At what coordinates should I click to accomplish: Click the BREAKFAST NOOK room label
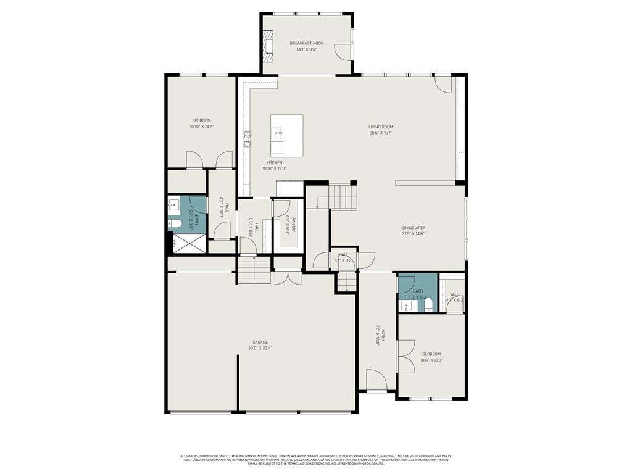click(306, 43)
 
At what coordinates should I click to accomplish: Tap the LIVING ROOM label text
click(381, 127)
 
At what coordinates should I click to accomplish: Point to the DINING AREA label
click(413, 228)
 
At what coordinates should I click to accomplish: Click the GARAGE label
click(259, 342)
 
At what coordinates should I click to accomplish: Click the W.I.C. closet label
click(455, 294)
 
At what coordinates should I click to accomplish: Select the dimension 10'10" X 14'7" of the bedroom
click(201, 127)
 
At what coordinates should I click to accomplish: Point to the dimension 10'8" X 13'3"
click(431, 360)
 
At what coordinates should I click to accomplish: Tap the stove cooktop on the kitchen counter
click(247, 140)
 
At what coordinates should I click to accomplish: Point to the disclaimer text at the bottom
click(315, 460)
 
